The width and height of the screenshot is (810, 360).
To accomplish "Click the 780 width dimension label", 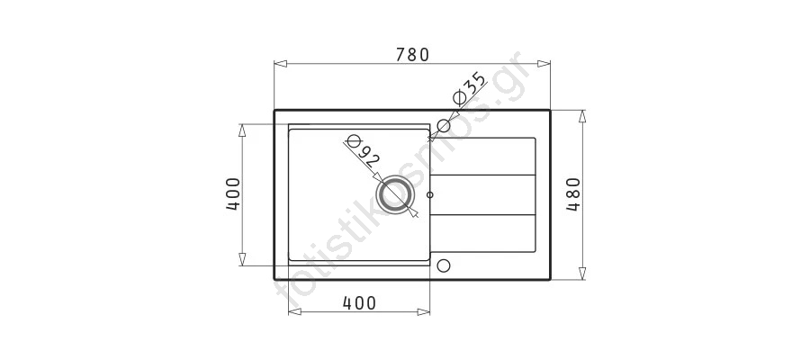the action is (413, 55).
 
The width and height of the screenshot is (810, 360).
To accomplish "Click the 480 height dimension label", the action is (573, 194).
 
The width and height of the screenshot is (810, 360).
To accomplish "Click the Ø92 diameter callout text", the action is (364, 151).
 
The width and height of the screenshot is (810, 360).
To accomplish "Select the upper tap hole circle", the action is (444, 125).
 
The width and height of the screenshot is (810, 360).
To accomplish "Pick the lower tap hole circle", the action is (444, 265).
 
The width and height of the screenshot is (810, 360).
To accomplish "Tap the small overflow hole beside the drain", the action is (430, 194).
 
